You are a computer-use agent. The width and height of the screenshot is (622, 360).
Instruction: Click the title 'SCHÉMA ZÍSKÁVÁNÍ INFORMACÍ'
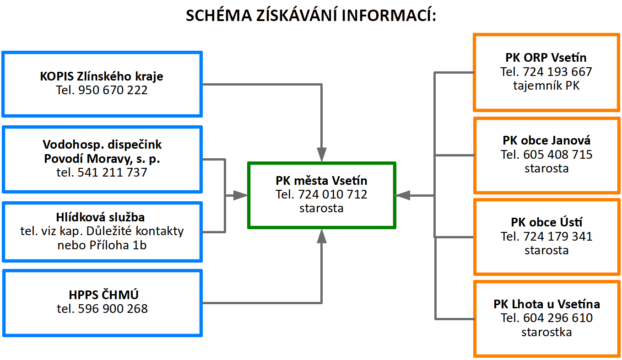click(x=311, y=15)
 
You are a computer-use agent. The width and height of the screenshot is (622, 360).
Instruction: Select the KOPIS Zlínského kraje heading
click(x=102, y=76)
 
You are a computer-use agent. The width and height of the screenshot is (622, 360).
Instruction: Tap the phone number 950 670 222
click(x=113, y=90)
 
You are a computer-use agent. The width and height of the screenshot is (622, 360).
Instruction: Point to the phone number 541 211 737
click(x=112, y=172)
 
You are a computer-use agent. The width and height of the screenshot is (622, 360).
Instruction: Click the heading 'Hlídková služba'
click(x=100, y=217)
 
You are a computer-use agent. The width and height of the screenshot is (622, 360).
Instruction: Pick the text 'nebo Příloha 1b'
click(x=102, y=245)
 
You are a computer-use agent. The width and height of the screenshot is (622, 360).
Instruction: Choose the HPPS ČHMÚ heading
click(x=103, y=295)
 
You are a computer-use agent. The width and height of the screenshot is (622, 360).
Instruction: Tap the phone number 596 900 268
click(x=113, y=309)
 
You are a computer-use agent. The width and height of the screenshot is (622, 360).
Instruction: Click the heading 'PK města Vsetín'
click(x=322, y=181)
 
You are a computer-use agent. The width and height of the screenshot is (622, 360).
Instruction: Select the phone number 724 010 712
click(x=333, y=194)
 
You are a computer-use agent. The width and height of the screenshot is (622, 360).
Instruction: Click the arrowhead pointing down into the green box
click(x=322, y=155)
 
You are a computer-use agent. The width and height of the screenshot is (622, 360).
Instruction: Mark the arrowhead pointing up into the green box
click(x=322, y=236)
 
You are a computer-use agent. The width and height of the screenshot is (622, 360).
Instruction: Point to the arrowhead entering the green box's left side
click(x=240, y=195)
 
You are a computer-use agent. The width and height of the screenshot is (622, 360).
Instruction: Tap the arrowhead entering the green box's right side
click(x=402, y=195)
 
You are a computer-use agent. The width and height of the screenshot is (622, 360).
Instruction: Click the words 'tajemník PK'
click(x=546, y=86)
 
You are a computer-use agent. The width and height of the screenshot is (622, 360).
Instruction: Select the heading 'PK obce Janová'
click(x=546, y=140)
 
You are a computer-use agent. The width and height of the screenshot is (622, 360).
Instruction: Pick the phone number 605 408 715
click(x=558, y=155)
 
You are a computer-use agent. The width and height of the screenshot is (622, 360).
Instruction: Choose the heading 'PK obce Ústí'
click(x=546, y=222)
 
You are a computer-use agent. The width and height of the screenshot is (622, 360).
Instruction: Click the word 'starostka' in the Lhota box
click(x=546, y=332)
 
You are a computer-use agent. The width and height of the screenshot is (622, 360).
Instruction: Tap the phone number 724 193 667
click(x=557, y=72)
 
